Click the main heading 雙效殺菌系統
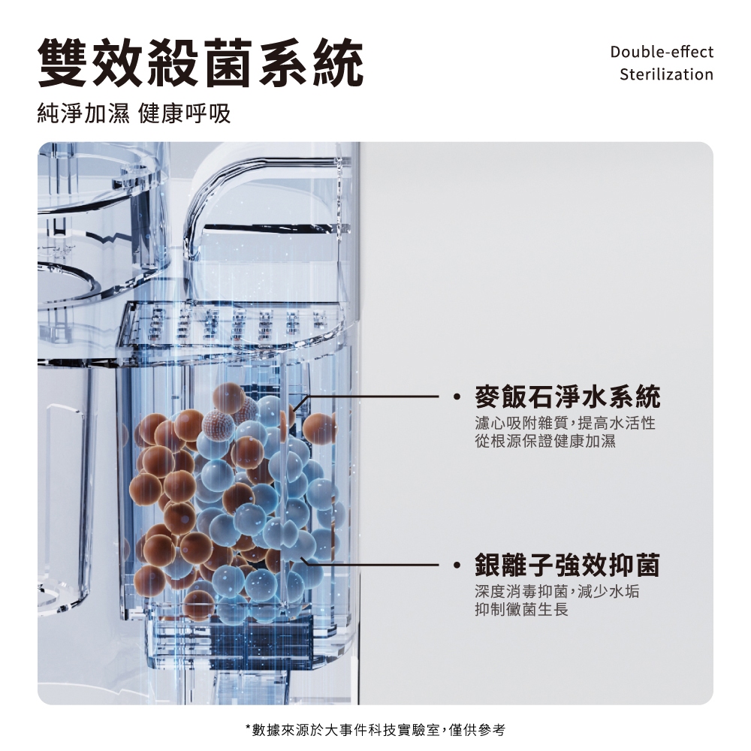[201, 63]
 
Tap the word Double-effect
[662, 52]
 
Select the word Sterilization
[666, 74]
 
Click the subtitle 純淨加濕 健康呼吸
[134, 113]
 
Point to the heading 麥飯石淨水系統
[568, 397]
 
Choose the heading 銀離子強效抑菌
[568, 566]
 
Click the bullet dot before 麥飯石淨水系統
[457, 397]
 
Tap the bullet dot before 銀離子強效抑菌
[457, 566]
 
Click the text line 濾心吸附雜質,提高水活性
[566, 423]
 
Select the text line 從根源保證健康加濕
[545, 441]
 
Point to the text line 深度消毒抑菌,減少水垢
[557, 592]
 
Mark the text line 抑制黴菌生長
[522, 609]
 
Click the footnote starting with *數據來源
[375, 730]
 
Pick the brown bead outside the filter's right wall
[319, 429]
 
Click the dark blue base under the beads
[261, 639]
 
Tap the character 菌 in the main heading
[228, 63]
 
